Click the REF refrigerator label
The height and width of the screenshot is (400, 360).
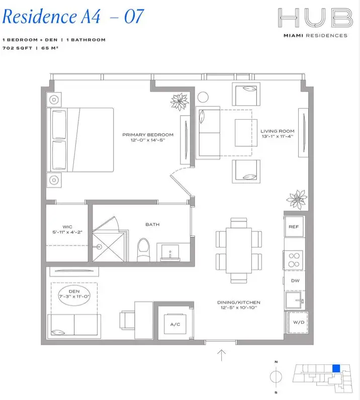tap(294, 227)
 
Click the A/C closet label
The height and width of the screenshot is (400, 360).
tap(175, 324)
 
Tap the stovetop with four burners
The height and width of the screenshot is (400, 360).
tap(294, 258)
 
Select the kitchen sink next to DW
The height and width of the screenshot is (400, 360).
tap(294, 301)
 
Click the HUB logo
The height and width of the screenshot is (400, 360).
tap(314, 18)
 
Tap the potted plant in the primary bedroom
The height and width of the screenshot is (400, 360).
tap(179, 102)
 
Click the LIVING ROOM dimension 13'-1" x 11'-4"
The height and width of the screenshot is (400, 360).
tap(277, 136)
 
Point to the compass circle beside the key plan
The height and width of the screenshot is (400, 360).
tap(276, 376)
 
